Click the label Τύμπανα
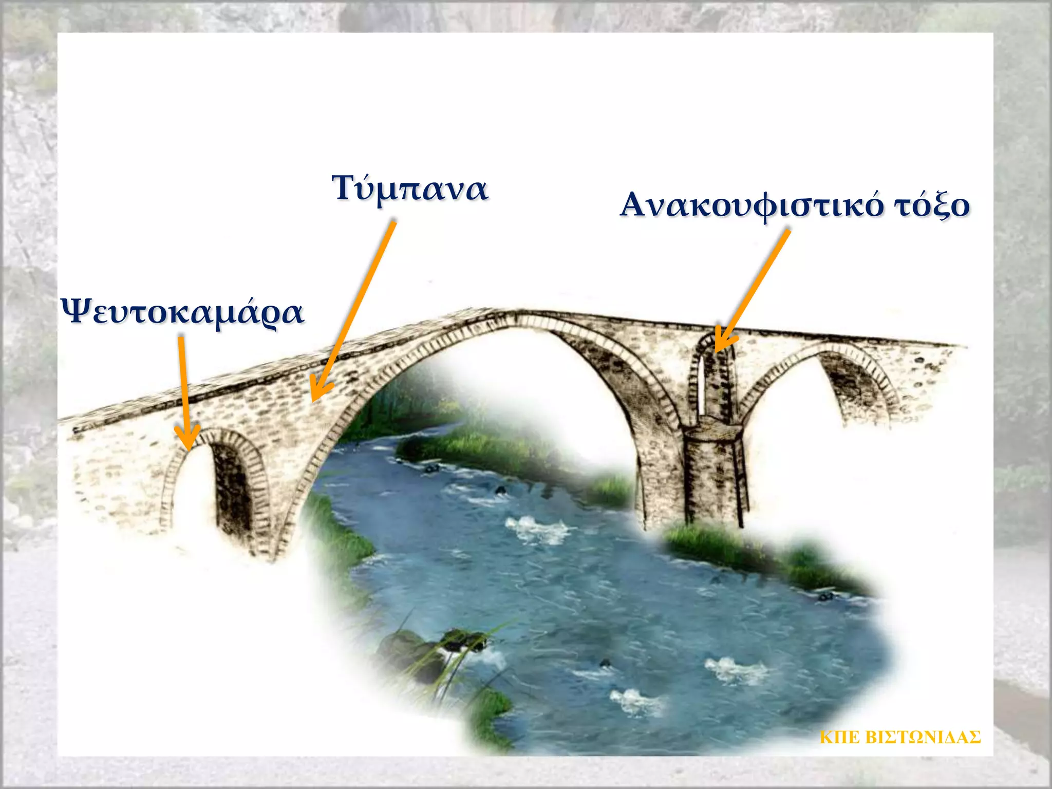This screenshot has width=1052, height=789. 410,189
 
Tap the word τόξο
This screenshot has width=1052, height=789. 932,205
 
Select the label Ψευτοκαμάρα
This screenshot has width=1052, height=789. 183,312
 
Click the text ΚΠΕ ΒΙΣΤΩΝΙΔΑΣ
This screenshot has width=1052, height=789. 900,737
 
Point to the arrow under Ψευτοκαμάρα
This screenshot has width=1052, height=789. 183,396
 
